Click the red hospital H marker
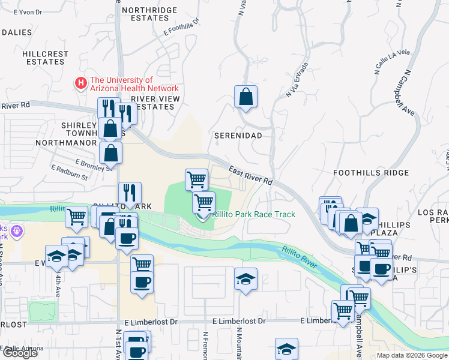(x=79, y=83)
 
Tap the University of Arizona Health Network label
(x=133, y=84)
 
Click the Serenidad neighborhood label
(x=238, y=136)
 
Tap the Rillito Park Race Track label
(x=253, y=214)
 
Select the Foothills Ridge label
(x=371, y=173)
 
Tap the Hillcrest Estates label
(x=46, y=58)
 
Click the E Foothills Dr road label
(x=181, y=28)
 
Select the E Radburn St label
(x=70, y=173)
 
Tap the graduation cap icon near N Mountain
(x=245, y=279)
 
